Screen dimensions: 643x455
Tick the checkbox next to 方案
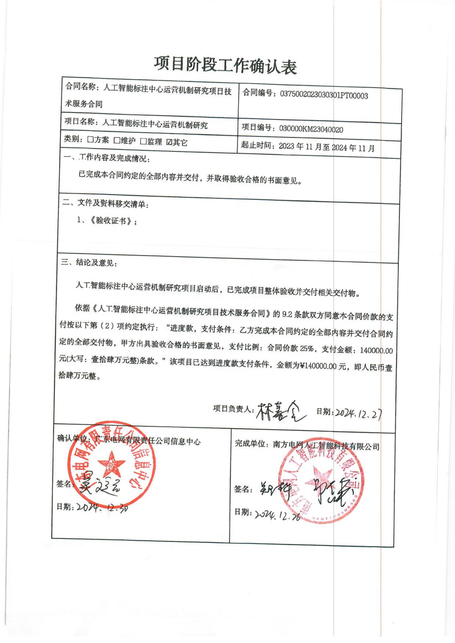pos(90,140)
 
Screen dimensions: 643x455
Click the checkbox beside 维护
pos(117,141)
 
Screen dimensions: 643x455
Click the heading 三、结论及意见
pos(89,262)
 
